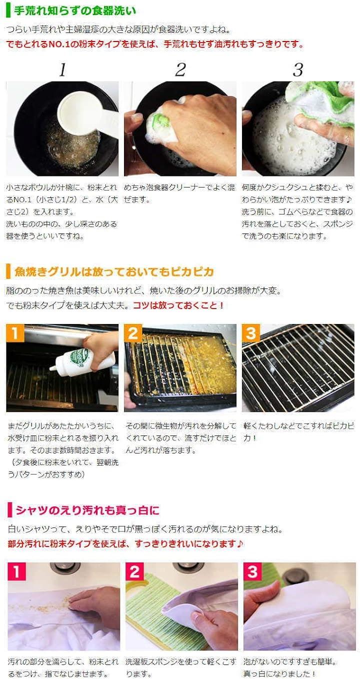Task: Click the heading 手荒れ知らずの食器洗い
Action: pos(75,10)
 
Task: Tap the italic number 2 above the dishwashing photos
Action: pos(180,70)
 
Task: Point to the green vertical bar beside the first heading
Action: pos(8,10)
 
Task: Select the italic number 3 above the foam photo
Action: pos(298,70)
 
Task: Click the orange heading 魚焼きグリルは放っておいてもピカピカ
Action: pos(114,271)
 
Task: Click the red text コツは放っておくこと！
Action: pos(178,305)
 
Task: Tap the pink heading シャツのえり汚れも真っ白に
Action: pos(87,510)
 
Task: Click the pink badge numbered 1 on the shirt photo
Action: pos(16,572)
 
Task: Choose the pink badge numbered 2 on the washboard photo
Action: pos(134,572)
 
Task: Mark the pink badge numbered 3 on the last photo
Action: pos(252,572)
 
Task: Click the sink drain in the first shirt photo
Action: pos(65,567)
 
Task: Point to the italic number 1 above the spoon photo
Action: pos(62,70)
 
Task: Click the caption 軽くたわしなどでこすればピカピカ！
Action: pos(298,432)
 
